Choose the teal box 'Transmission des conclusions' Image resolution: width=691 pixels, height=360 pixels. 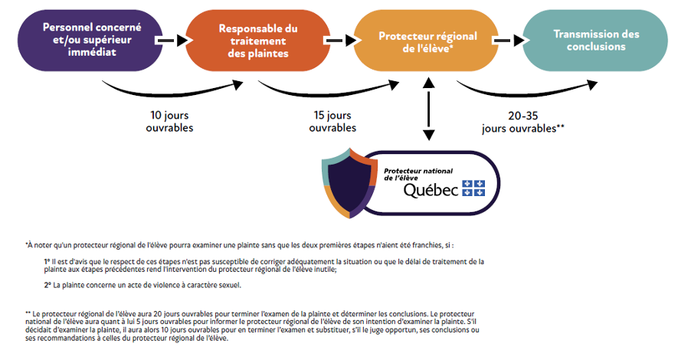tap(596, 40)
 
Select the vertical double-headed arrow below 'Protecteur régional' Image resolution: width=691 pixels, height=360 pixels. tap(429, 108)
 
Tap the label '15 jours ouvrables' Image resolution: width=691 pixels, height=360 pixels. tap(332, 121)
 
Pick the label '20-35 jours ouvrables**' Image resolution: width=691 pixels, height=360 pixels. tap(522, 121)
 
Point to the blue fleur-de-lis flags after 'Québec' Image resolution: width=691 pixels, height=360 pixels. tap(473, 188)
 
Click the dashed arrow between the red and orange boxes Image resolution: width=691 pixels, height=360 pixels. tap(338, 40)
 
